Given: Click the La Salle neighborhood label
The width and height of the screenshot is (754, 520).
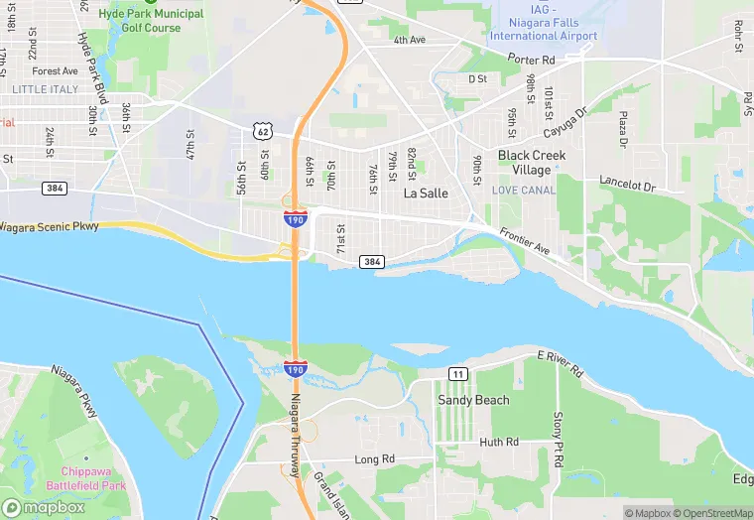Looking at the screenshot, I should tap(428, 195).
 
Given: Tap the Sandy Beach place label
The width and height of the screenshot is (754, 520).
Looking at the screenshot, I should tap(473, 400).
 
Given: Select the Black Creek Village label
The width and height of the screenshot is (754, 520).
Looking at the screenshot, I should tap(532, 163).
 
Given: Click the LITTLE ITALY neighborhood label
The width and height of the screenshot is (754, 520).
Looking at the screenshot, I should tap(44, 89).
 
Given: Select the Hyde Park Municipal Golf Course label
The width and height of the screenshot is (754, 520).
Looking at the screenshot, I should tap(152, 21).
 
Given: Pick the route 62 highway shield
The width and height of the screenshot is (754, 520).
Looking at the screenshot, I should tap(261, 131).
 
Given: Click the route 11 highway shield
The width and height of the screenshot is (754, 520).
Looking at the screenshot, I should tap(456, 373).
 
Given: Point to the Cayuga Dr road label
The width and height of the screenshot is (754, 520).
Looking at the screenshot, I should tap(565, 124).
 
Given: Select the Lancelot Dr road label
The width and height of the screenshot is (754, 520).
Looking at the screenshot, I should tap(628, 186).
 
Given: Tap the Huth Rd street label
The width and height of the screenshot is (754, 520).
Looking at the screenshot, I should tap(498, 443).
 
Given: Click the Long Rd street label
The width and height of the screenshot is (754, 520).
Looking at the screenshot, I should tap(375, 459).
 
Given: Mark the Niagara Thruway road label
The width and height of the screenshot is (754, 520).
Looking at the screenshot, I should tap(295, 437).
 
